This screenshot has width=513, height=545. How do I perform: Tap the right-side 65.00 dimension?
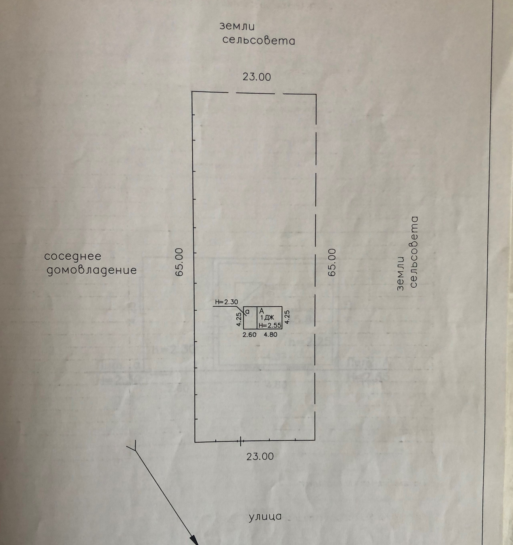tap(332, 262)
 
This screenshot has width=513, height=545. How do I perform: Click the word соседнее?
tap(73, 256)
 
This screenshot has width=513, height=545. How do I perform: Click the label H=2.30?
tap(227, 302)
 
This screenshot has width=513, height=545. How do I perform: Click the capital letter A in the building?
tap(261, 311)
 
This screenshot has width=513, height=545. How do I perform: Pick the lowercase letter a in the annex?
tap(247, 312)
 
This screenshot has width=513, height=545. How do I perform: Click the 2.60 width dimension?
tap(250, 335)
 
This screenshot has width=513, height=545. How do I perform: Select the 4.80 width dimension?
tap(270, 335)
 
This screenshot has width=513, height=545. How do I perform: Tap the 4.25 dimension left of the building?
tap(239, 320)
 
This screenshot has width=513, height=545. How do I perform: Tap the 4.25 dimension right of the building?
tap(287, 317)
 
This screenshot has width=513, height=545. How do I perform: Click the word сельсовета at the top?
tap(259, 41)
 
